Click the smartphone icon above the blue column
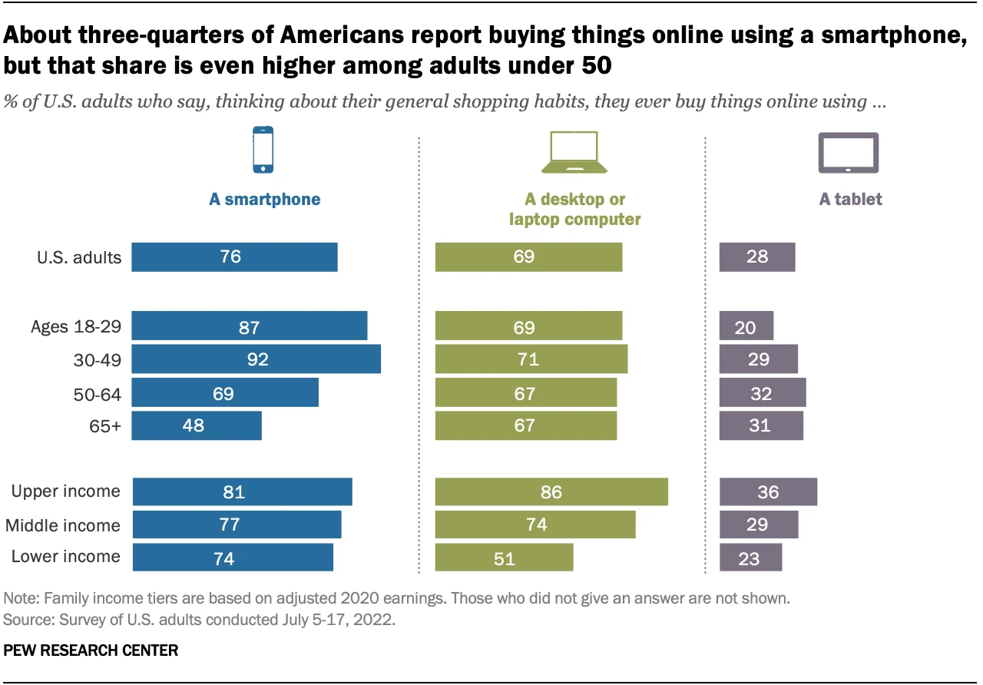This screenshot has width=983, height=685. click(x=263, y=150)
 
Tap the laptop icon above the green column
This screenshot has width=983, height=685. click(x=574, y=152)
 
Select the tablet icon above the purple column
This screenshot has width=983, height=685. click(x=849, y=152)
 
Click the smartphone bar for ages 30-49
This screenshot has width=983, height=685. click(x=256, y=359)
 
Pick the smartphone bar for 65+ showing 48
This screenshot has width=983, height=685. click(x=197, y=425)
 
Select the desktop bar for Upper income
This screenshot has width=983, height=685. click(x=551, y=491)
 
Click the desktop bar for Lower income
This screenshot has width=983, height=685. click(x=504, y=557)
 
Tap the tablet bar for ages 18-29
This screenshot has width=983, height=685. click(x=746, y=326)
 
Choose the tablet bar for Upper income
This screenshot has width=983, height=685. click(x=767, y=491)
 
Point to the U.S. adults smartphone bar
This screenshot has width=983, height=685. click(x=234, y=257)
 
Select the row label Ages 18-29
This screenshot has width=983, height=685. click(x=76, y=327)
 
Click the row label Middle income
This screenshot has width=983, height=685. click(x=63, y=525)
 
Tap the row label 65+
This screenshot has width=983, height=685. click(x=105, y=425)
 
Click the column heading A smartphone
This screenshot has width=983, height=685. click(x=265, y=200)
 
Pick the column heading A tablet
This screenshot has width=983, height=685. click(x=850, y=200)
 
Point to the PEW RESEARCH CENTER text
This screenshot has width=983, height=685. click(x=91, y=650)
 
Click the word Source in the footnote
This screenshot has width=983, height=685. click(x=25, y=619)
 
